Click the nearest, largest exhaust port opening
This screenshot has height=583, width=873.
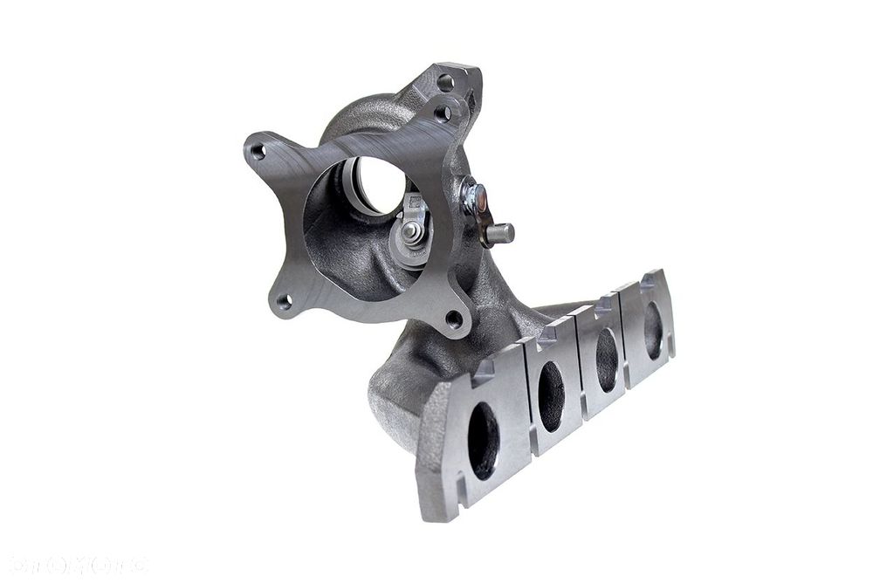[483, 440]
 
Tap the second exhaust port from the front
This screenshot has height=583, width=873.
[551, 395]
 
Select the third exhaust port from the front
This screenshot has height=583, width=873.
[607, 359]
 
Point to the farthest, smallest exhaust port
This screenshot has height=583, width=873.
[653, 330]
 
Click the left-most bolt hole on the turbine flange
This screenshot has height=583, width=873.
[258, 151]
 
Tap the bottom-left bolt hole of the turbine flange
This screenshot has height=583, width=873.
[284, 302]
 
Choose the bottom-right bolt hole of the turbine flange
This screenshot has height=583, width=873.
[453, 319]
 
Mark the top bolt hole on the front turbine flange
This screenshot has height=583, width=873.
[443, 113]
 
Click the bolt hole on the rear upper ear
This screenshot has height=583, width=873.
[445, 83]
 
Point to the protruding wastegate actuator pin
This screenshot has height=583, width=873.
[501, 233]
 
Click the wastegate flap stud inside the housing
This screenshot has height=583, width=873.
[411, 231]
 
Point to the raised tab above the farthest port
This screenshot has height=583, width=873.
[647, 281]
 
